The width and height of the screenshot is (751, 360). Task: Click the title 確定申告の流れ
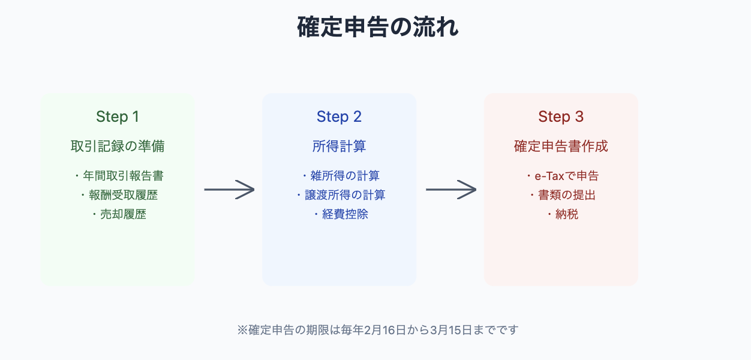[x=377, y=27]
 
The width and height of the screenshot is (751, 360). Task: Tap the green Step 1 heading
[x=118, y=117]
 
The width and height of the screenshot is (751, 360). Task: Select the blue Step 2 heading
[x=339, y=117]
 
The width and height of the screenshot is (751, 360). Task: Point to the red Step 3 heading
[x=561, y=117]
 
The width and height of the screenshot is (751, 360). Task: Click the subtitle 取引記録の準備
[x=118, y=146]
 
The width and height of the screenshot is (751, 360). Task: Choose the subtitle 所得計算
[x=339, y=146]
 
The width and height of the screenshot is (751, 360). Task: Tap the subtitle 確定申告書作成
[x=561, y=146]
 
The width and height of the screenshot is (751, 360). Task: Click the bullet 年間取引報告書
[x=123, y=176]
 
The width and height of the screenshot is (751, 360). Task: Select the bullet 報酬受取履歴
[x=123, y=195]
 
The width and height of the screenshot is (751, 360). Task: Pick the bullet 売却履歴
[x=123, y=214]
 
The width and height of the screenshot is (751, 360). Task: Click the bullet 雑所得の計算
[x=345, y=176]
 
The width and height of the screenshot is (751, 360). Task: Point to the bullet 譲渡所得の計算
[x=345, y=195]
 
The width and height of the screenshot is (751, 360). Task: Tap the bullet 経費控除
[x=345, y=214]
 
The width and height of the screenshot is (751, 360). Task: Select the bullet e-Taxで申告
[x=567, y=176]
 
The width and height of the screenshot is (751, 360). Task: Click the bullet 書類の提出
[x=567, y=195]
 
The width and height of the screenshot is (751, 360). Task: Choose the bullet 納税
[x=567, y=214]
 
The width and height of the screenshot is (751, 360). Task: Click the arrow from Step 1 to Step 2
[x=229, y=190]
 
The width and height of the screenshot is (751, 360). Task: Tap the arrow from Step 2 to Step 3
[x=451, y=190]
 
